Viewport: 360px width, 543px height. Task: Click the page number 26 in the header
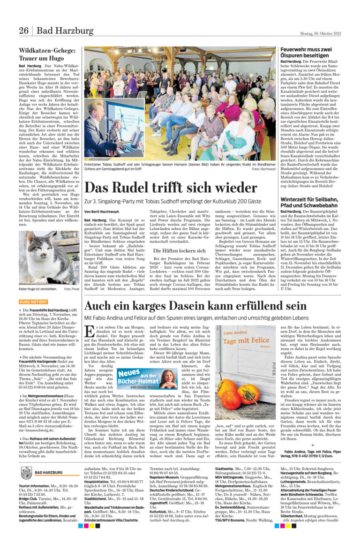tap(23, 31)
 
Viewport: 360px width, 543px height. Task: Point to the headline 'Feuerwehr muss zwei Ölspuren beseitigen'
tap(312, 53)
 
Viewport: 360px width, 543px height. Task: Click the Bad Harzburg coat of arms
tap(26, 474)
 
